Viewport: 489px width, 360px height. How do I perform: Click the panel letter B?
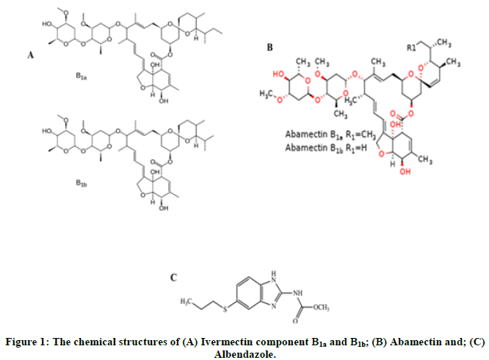tap(269, 48)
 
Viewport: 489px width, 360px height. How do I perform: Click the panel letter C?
tap(173, 278)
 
